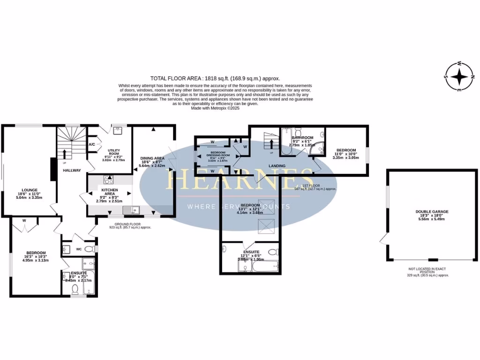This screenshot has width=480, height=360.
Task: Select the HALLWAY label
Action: (x=72, y=170)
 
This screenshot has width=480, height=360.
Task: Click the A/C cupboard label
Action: (x=92, y=144)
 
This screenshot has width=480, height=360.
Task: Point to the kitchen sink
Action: (x=129, y=210)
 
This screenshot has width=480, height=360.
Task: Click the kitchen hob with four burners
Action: (x=109, y=179)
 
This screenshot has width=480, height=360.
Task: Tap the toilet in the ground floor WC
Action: (x=93, y=248)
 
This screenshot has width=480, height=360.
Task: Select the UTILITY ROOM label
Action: (x=114, y=152)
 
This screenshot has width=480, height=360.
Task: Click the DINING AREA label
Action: (x=152, y=158)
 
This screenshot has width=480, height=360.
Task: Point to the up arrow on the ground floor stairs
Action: (x=65, y=154)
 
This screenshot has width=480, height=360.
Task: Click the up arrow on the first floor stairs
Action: (x=271, y=142)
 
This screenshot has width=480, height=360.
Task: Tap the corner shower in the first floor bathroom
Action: (x=319, y=149)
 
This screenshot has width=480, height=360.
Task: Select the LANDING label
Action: (x=277, y=166)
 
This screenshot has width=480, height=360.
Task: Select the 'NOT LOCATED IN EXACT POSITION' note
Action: (x=427, y=270)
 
